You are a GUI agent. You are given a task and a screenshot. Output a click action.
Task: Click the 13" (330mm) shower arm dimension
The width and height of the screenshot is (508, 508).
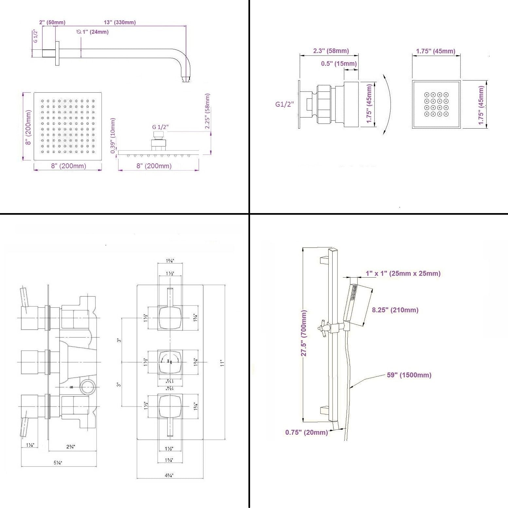(120, 23)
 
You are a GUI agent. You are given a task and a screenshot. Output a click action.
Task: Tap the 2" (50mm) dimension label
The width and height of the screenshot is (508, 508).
(52, 23)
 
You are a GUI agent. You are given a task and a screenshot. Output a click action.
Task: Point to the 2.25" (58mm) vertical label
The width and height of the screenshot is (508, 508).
(208, 111)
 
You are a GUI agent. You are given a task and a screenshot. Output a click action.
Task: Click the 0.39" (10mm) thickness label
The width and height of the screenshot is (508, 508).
(113, 136)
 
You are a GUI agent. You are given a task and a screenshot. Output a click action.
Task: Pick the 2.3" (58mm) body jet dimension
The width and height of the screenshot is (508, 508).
(331, 51)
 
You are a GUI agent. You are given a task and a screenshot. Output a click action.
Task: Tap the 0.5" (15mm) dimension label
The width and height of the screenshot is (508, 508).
(339, 64)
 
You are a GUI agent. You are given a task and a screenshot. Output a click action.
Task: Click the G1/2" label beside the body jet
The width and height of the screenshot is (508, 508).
(285, 104)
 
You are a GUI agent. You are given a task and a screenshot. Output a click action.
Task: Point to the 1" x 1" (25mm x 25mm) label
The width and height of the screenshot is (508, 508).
(403, 273)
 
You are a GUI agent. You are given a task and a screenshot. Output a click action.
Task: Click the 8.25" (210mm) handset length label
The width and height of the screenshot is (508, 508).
(395, 310)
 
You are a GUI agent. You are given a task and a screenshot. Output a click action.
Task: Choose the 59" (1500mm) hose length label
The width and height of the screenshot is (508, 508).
(409, 375)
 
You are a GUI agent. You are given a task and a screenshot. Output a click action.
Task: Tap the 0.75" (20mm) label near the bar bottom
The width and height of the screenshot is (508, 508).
(306, 432)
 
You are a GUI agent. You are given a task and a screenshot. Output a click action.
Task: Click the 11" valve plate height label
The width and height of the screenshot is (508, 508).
(222, 363)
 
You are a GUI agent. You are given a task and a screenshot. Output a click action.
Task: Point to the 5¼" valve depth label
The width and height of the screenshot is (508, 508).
(58, 463)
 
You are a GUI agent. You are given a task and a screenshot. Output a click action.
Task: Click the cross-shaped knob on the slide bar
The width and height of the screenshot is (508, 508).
(322, 329)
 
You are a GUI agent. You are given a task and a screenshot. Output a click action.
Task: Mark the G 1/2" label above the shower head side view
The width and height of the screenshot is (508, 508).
(160, 127)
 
